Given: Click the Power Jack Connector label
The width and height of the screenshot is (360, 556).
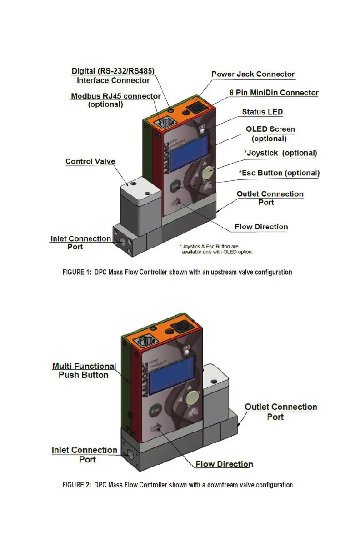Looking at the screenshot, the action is [x=253, y=74].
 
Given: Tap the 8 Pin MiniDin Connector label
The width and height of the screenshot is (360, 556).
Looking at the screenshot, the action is [x=274, y=93].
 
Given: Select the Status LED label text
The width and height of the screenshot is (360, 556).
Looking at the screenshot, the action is [x=262, y=112].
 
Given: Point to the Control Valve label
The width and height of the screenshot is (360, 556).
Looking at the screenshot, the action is [x=90, y=161].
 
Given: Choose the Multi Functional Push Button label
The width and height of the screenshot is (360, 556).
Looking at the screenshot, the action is [x=84, y=370].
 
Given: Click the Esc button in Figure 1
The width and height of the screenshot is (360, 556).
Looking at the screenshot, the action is [x=175, y=186].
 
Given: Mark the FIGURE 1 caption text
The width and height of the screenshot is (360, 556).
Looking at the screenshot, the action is [x=177, y=272].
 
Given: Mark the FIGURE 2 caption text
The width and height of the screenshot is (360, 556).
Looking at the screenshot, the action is [x=177, y=485].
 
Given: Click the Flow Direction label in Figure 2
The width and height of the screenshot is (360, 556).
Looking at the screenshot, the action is [x=224, y=464].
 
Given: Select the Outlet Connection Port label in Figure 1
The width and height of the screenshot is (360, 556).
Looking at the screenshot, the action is [x=270, y=198].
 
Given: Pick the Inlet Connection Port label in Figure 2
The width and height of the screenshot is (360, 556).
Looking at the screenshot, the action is [x=85, y=454].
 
